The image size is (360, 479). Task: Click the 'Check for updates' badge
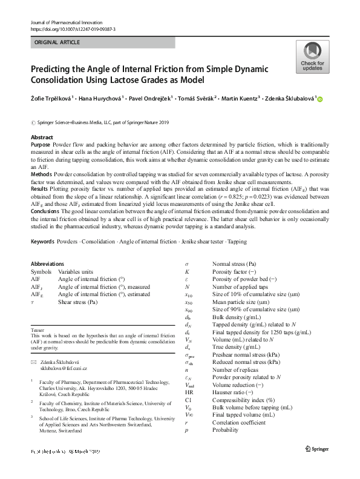coord(312,57)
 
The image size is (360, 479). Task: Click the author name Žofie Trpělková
coord(51,99)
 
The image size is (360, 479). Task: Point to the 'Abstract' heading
coord(42,138)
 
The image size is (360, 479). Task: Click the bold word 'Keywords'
coord(44,242)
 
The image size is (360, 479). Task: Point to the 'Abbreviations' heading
coord(47,264)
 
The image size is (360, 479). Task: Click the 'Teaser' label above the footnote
coord(37,329)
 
